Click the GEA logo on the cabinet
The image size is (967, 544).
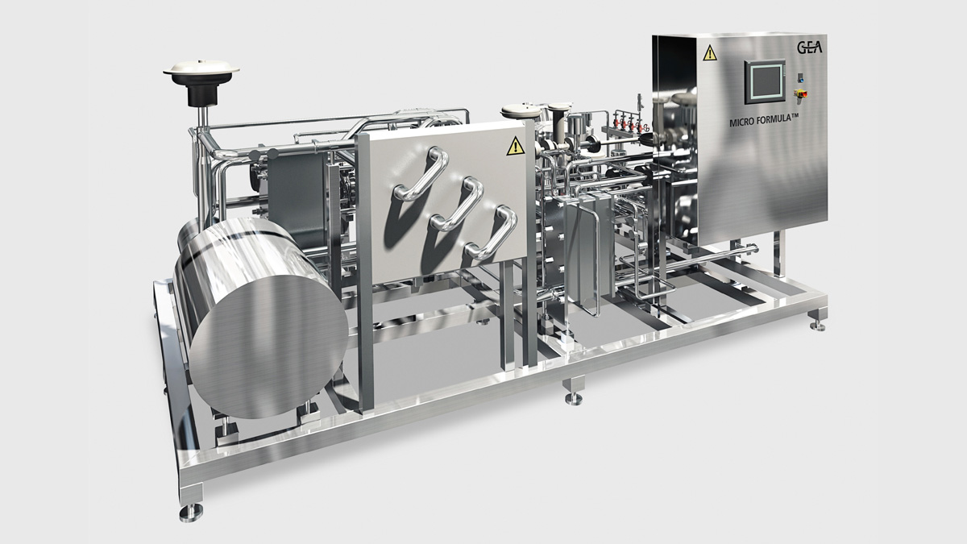[x=809, y=47]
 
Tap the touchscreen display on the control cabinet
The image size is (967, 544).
[x=765, y=81]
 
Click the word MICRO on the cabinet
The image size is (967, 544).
[x=741, y=123]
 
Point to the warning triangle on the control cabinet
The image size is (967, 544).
[x=710, y=53]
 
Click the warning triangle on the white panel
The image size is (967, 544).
[x=515, y=147]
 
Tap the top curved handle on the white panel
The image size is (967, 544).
[x=422, y=173]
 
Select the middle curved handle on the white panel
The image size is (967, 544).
[x=457, y=203]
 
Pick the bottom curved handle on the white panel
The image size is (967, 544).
[x=492, y=232]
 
